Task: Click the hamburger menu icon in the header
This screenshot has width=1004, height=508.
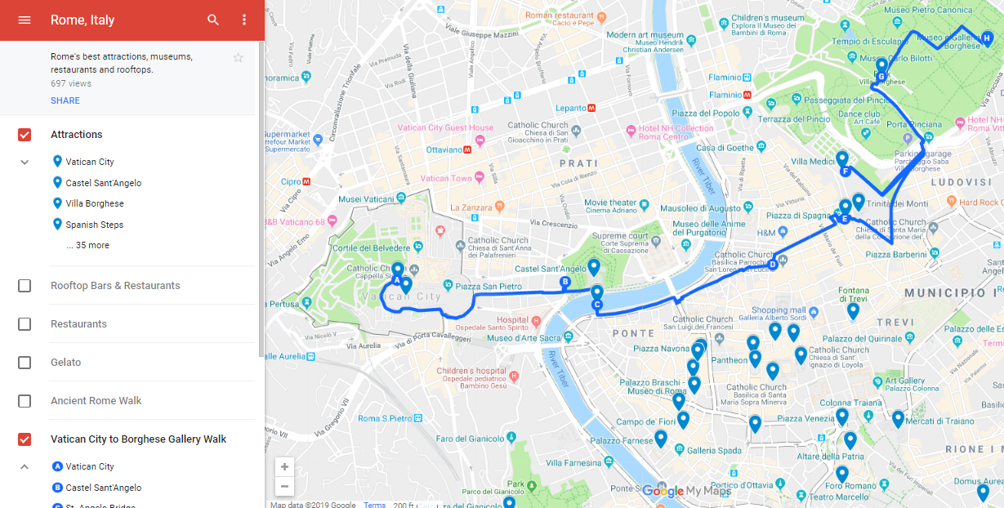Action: [x=25, y=20]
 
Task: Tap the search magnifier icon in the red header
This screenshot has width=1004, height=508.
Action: [x=213, y=20]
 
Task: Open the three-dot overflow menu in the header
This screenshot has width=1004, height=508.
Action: [x=243, y=20]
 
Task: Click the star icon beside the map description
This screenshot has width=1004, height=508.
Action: [x=238, y=57]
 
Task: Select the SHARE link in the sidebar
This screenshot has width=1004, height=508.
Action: [x=65, y=100]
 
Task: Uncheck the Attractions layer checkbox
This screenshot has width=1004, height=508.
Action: [x=25, y=135]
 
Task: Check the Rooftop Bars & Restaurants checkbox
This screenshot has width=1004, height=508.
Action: [x=25, y=286]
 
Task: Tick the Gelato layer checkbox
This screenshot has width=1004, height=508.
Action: [x=25, y=363]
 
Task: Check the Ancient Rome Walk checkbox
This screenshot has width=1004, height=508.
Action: [x=25, y=401]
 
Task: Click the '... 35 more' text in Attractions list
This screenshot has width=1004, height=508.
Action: [x=88, y=245]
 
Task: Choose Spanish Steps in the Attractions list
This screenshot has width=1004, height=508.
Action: [x=94, y=225]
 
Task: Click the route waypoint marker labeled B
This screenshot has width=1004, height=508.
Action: [x=564, y=283]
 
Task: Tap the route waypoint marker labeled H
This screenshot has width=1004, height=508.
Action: [x=987, y=38]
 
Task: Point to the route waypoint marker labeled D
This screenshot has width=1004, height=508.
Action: [x=772, y=263]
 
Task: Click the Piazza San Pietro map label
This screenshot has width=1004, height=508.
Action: [x=488, y=287]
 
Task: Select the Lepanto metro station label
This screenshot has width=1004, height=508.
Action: [x=571, y=108]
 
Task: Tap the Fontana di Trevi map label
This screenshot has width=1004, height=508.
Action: [x=854, y=295]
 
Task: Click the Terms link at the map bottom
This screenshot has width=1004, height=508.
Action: [x=374, y=505]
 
